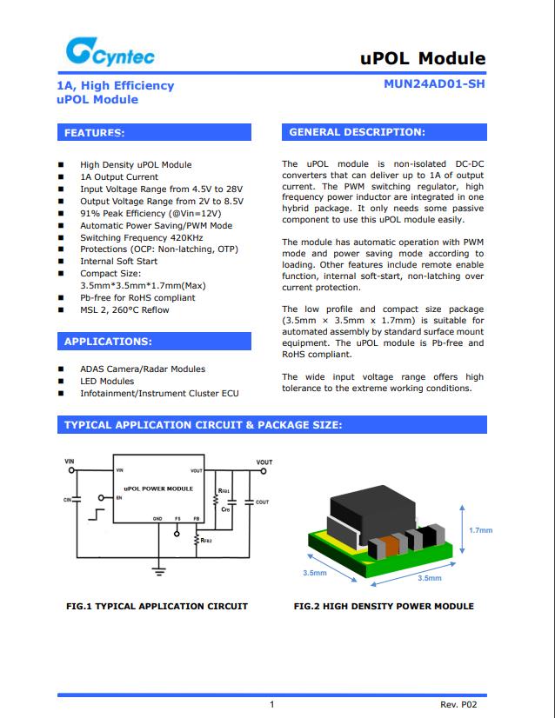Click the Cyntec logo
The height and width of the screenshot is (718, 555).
coord(110,55)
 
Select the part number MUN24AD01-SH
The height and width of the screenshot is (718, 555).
coord(434,84)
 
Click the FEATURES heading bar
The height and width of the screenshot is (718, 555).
coord(154,133)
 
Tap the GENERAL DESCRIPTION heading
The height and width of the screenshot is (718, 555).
coord(384,132)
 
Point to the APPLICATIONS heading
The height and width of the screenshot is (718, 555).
coord(154,342)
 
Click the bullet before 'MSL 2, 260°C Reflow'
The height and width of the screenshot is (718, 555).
coord(61,310)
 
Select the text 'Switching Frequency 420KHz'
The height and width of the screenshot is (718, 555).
coord(142,237)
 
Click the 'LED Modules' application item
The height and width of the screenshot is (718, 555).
coord(107,381)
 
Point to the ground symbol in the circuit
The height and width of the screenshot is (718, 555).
coord(159,570)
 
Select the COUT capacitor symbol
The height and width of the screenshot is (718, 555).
coord(250,502)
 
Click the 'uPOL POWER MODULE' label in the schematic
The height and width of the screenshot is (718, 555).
coord(158,489)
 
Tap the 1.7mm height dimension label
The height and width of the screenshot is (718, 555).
coord(480,529)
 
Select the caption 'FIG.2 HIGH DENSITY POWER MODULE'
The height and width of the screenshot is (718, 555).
coord(384,606)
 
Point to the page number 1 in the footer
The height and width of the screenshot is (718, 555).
coord(272,704)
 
